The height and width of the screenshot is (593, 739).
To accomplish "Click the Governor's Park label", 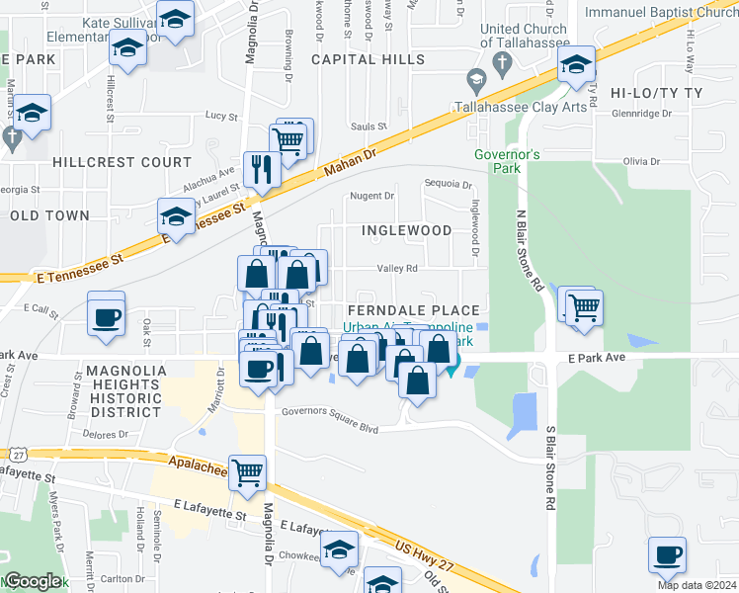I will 506,161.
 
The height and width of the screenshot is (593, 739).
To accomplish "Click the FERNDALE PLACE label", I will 413,310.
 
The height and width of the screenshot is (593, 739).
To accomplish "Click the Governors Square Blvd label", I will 330,413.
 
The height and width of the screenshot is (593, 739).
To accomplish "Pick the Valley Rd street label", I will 397,268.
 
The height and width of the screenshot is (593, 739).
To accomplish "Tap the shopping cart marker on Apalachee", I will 246,471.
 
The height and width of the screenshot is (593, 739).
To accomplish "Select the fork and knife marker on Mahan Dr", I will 262,168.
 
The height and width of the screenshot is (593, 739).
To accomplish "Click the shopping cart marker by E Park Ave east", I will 583,307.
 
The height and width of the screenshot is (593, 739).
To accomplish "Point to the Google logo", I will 33,581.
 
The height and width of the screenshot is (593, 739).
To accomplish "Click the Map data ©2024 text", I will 696,585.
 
